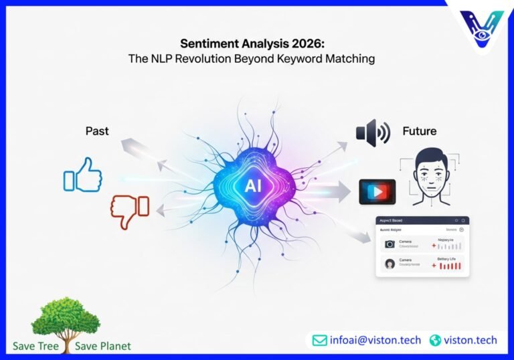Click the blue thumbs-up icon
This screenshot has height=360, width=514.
[83, 175]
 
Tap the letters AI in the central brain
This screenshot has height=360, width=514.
[253, 185]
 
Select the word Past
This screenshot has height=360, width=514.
[97, 131]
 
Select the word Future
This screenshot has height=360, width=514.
[420, 131]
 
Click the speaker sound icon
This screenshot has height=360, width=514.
[373, 132]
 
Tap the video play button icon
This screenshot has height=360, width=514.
[377, 191]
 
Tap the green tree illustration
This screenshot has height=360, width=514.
[65, 318]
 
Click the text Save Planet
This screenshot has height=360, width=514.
[105, 346]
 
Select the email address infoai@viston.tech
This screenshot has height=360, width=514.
[375, 340]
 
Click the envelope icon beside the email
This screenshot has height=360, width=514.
[319, 340]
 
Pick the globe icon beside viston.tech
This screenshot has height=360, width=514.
[436, 340]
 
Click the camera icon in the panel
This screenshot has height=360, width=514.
[390, 244]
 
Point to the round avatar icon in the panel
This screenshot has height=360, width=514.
[390, 264]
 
